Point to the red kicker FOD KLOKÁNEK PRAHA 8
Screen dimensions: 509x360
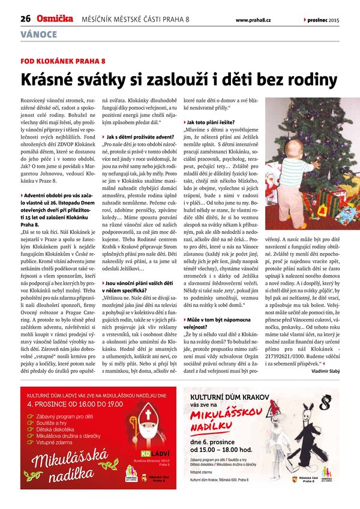(63, 61)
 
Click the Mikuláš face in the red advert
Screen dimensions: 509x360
(148, 416)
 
